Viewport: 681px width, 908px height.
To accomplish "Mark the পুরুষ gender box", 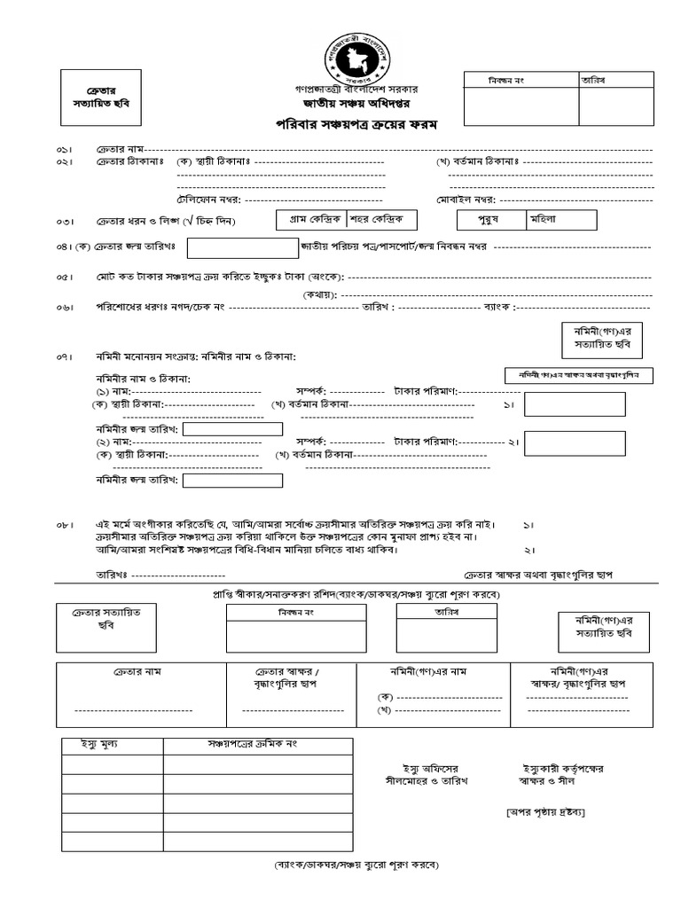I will click(489, 218).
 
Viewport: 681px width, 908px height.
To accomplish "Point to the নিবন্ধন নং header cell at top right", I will click(521, 80).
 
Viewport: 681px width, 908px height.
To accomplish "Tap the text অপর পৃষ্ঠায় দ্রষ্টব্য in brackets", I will click(545, 812).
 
